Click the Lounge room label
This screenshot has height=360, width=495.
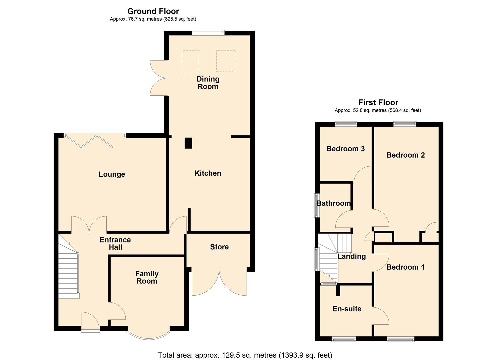pos(112,174)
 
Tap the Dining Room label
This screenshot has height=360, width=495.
pos(208,83)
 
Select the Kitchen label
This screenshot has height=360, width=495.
pos(208,173)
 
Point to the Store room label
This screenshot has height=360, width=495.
pos(219,247)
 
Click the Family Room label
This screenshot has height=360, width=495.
pos(147,277)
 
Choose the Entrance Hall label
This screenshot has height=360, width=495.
pos(115,244)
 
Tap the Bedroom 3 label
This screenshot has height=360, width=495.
pos(345,149)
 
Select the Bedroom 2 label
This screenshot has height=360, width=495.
pos(405,155)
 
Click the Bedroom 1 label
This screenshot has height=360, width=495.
pos(405,267)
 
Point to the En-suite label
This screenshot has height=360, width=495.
pos(347,309)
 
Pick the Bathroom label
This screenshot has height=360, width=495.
pos(333,203)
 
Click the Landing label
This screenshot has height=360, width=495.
pos(351,256)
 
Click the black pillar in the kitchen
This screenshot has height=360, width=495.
pos(188,143)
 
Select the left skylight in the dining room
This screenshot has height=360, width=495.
pos(190,62)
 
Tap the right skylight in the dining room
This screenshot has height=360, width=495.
pos(226,61)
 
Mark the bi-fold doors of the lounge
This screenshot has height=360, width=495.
pos(89,140)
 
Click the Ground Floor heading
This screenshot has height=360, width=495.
pos(153,11)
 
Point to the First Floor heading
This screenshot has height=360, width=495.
pos(378,102)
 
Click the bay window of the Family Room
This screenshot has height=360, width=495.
pos(149,335)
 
